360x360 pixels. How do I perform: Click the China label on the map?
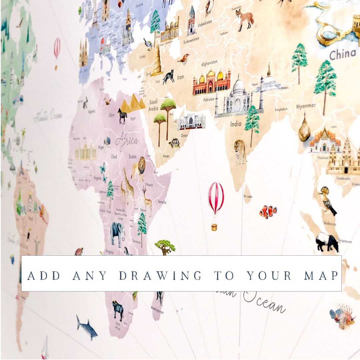pos(343,54)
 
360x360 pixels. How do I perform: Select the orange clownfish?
pos(268,211)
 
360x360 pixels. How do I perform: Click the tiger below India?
pos(240,151)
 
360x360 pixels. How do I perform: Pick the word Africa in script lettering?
pos(127,142)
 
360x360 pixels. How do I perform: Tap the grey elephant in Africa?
pos(117,232)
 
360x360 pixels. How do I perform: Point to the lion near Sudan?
pos(138,168)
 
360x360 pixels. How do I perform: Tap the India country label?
pos(236,124)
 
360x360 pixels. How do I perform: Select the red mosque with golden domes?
pos(211,82)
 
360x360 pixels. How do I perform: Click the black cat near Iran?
pos(169,77)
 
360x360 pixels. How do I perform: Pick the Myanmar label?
pos(306,106)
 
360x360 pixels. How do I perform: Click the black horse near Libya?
pos(122,116)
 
